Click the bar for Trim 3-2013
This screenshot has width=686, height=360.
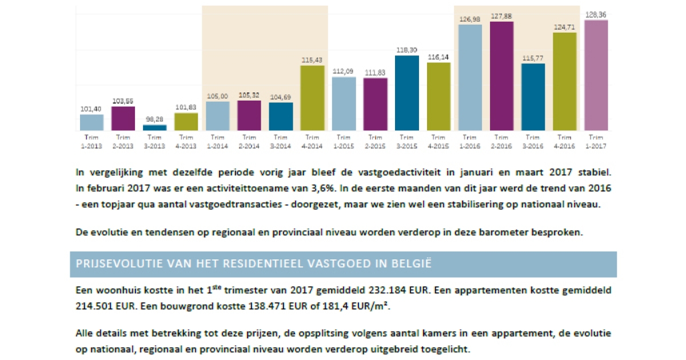point(154,127)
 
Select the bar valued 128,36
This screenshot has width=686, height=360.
point(596,75)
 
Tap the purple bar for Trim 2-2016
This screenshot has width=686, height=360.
point(501,76)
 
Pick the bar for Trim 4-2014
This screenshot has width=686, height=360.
point(312,98)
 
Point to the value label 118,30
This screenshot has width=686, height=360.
point(406,50)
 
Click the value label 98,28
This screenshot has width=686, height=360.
point(154,119)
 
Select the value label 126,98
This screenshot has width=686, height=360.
point(470,19)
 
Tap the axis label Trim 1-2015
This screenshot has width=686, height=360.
point(344,141)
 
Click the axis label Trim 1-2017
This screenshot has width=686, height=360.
point(596,141)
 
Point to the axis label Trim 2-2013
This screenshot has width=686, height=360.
point(123,141)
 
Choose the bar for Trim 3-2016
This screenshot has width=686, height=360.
point(533,97)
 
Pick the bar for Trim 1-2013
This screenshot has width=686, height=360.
point(91,122)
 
